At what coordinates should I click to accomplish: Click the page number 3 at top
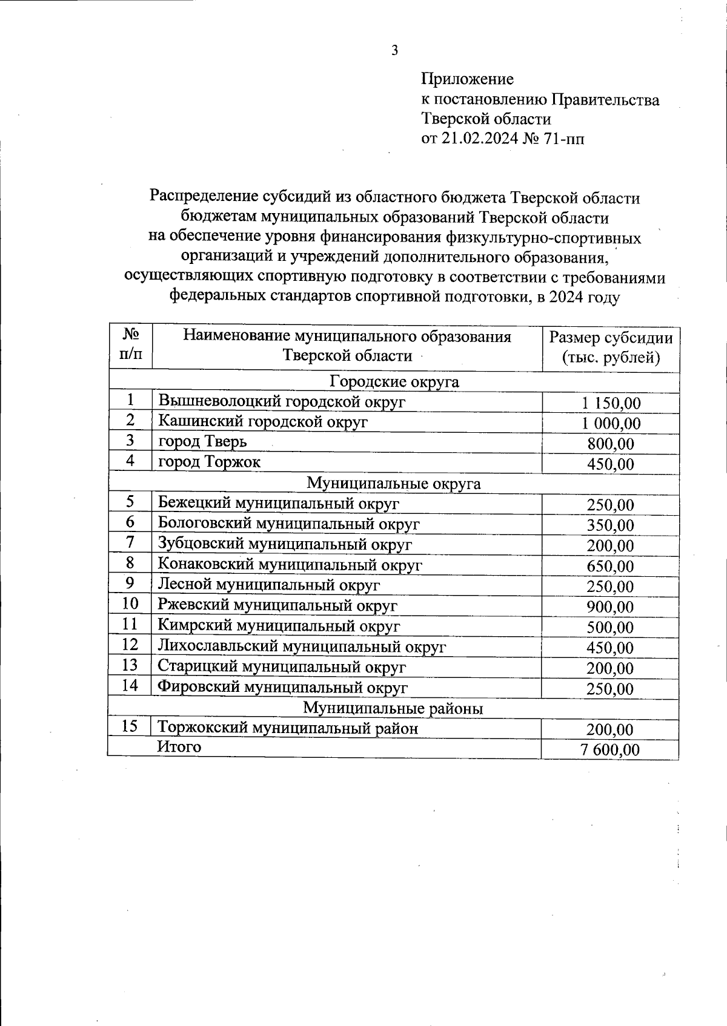[394, 51]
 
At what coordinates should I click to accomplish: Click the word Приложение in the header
[467, 79]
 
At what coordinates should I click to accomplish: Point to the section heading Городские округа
[394, 382]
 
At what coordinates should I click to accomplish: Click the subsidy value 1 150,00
[611, 403]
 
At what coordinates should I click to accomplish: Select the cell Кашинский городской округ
[263, 422]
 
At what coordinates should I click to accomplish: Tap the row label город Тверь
[202, 441]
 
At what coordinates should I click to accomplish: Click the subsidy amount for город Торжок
[611, 464]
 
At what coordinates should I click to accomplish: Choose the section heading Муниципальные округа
[394, 484]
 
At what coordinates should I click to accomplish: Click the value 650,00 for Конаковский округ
[611, 567]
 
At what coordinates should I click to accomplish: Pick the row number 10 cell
[130, 604]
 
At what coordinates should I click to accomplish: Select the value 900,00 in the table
[611, 607]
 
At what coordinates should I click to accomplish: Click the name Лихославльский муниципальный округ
[302, 646]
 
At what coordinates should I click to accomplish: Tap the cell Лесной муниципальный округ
[269, 585]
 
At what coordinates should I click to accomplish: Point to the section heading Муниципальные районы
[394, 708]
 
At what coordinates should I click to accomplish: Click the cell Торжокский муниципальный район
[288, 728]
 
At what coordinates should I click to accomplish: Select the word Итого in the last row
[179, 748]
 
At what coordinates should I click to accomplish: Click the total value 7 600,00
[609, 750]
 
